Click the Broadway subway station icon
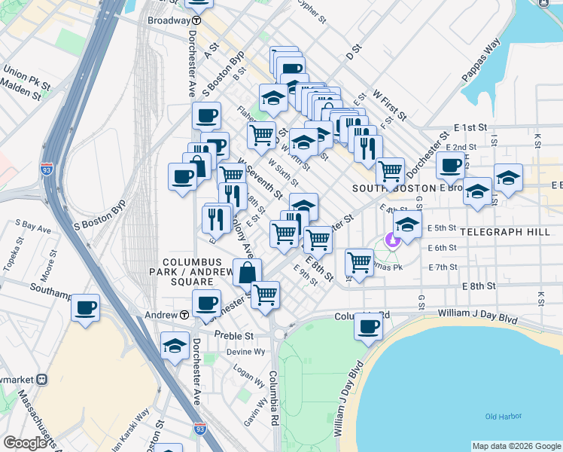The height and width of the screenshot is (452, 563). tap(196, 21)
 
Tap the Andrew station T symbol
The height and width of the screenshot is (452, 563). tap(184, 314)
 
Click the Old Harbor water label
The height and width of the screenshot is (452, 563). tap(502, 417)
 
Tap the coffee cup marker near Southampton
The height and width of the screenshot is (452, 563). tap(86, 307)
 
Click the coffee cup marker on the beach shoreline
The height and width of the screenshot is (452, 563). tap(368, 326)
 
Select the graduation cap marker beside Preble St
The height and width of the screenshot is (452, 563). tap(175, 345)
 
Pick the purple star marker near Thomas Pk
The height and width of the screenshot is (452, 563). tap(391, 241)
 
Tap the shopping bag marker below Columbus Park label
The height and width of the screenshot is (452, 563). tap(246, 273)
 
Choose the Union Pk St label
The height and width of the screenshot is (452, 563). tap(26, 78)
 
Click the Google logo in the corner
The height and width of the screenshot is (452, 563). tap(25, 443)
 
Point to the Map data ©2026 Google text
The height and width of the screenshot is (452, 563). tap(516, 446)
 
